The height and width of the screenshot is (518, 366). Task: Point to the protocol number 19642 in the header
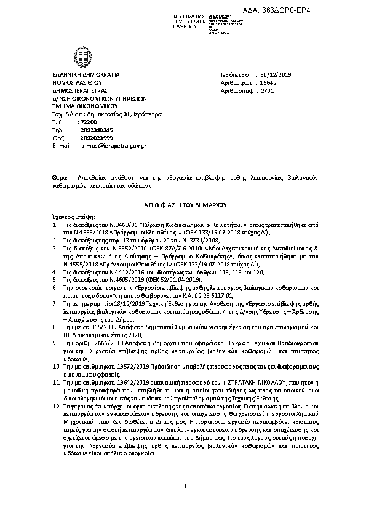click(269, 81)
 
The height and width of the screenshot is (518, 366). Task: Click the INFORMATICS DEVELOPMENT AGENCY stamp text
click(185, 18)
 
